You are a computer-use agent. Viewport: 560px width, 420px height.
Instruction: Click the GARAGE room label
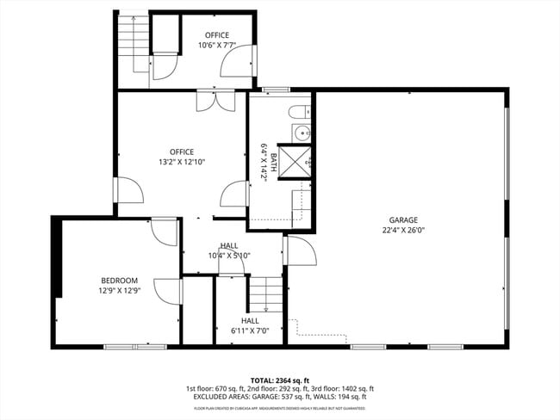point(403,220)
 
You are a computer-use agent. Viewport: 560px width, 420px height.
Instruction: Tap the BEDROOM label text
point(119,281)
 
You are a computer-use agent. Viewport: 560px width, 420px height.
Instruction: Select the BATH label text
point(273,161)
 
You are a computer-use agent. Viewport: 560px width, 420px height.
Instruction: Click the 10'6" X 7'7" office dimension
point(216,46)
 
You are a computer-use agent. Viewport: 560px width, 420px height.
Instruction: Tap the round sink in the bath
point(301,133)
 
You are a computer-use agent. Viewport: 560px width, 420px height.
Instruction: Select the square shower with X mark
point(298,158)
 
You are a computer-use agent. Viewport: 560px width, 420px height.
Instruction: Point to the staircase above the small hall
point(265,295)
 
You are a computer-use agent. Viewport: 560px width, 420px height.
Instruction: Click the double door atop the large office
point(214,101)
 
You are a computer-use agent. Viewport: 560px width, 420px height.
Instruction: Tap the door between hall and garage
point(300,252)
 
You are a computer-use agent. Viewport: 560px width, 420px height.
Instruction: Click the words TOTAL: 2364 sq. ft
point(279,380)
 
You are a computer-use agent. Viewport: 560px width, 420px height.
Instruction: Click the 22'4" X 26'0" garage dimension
point(403,231)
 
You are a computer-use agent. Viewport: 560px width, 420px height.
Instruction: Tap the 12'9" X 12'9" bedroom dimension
point(119,291)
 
